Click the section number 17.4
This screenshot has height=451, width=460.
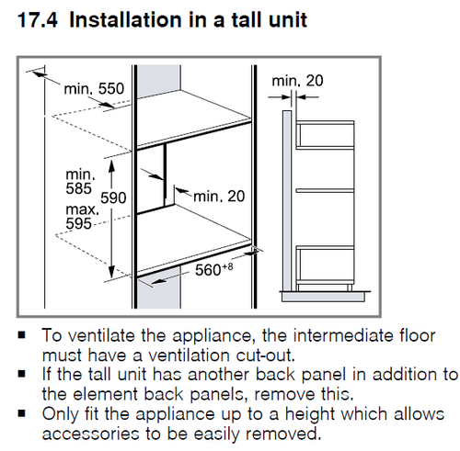point(38,20)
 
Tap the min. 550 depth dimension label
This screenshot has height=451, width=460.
point(94,88)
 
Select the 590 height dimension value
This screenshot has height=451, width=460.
point(113,197)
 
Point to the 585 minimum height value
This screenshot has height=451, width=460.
point(78,188)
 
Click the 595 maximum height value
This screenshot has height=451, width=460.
point(78,223)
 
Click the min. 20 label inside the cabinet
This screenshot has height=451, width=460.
point(219,197)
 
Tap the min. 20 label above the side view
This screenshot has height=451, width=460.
point(297,81)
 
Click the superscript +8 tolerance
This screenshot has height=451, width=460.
point(227,266)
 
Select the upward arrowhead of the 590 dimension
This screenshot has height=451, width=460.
point(111,165)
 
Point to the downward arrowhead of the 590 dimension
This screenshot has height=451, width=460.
point(111,272)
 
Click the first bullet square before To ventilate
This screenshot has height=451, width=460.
point(22,334)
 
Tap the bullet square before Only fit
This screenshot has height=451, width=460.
point(22,413)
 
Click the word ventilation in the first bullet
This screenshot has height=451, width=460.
point(189,355)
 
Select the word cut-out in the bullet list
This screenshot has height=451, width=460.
point(265,355)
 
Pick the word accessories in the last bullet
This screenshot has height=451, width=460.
point(91,434)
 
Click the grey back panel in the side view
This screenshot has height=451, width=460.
point(287,200)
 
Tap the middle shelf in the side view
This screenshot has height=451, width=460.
point(325,190)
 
